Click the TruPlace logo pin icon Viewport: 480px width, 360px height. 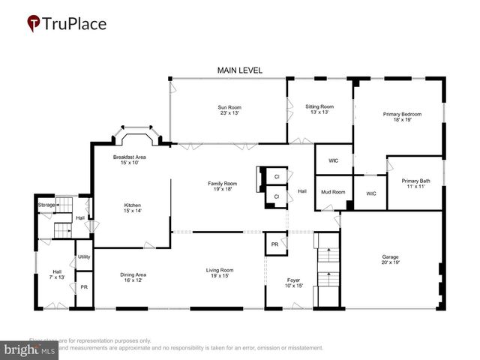[x=34, y=24]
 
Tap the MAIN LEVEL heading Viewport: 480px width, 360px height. [x=240, y=70]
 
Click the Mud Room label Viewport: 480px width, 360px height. [x=333, y=192]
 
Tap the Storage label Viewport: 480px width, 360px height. [x=46, y=205]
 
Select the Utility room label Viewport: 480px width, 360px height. [x=84, y=257]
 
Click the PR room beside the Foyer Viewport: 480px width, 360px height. [x=275, y=244]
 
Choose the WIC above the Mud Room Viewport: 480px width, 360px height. [x=333, y=160]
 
